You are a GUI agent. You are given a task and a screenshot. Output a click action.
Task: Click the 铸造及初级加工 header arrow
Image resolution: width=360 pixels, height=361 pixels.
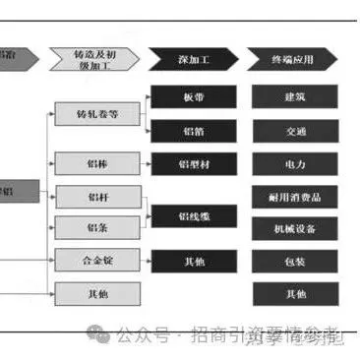click(97, 60)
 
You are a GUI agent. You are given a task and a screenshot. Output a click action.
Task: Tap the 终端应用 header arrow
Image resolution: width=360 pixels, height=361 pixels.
click(294, 60)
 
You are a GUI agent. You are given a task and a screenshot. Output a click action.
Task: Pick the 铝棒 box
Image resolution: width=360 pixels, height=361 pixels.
click(97, 162)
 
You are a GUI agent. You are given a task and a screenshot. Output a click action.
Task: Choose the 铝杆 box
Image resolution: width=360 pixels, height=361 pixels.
click(97, 196)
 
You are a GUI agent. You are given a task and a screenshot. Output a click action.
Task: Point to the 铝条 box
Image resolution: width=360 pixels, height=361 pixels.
click(97, 228)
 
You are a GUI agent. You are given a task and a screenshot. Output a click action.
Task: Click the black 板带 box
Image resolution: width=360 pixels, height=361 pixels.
click(193, 97)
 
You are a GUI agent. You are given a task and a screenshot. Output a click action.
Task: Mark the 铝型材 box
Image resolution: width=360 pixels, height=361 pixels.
click(193, 162)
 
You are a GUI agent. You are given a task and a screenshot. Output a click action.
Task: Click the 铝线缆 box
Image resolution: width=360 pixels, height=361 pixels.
click(193, 212)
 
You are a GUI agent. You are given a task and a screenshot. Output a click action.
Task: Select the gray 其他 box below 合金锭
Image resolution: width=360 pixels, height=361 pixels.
click(97, 293)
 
